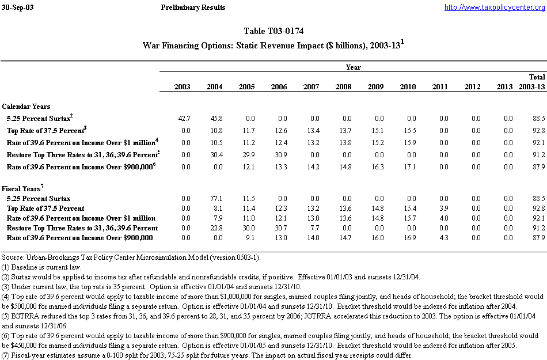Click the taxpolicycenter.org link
[x=495, y=7]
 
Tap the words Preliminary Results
[x=194, y=7]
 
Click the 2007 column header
[x=311, y=87]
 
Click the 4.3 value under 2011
[x=442, y=238]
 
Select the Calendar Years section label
[x=26, y=107]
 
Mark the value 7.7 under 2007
[x=312, y=228]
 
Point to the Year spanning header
[x=353, y=67]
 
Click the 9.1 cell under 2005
[x=248, y=238]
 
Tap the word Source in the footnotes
[x=12, y=256]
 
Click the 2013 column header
[x=504, y=87]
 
